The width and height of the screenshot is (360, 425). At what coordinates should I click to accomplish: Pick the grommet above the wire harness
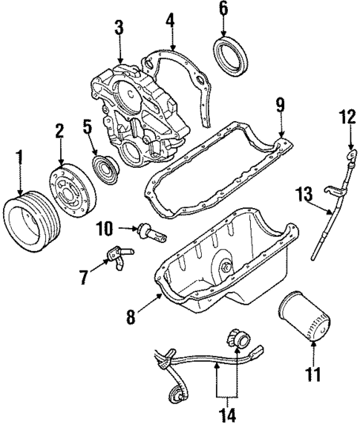click(x=240, y=338)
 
